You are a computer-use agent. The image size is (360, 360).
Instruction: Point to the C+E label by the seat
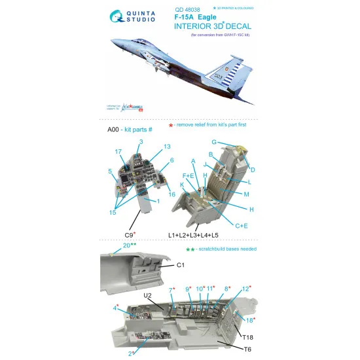click(x=245, y=226)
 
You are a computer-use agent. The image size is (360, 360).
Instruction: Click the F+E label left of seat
click(x=188, y=175)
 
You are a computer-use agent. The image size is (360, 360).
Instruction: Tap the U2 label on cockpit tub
click(x=148, y=295)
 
